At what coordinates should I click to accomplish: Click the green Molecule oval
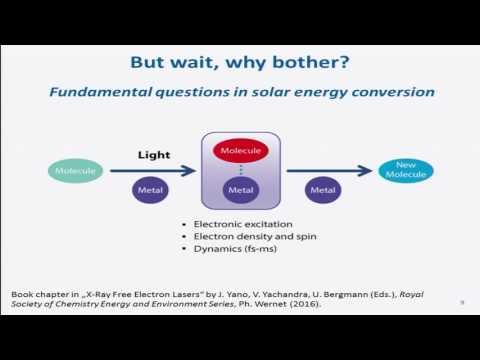(x=76, y=171)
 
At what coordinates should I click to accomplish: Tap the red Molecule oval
(x=241, y=151)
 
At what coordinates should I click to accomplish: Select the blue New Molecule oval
(x=406, y=171)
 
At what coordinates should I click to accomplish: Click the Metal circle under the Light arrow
(x=150, y=190)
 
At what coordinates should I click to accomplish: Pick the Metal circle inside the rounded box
(x=241, y=190)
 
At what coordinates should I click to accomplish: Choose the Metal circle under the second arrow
(x=323, y=190)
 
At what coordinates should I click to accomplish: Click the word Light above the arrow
(x=154, y=155)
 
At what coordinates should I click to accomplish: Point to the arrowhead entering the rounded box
(x=189, y=171)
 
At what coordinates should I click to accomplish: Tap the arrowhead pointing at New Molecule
(x=365, y=171)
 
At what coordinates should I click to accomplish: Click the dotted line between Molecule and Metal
(x=241, y=170)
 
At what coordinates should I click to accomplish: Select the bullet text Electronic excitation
(x=243, y=224)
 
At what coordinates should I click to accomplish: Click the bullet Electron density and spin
(x=255, y=237)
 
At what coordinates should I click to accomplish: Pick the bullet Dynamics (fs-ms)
(x=235, y=249)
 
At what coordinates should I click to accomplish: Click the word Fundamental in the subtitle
(x=100, y=92)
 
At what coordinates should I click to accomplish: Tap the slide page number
(x=462, y=302)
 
